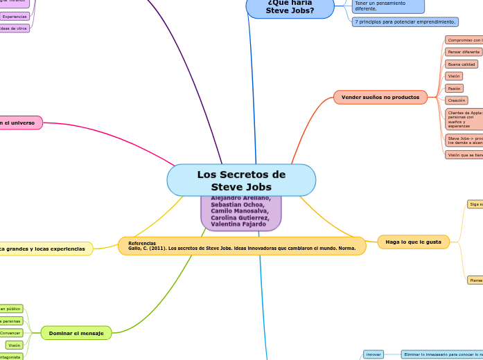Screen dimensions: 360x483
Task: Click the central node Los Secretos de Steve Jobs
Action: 241,180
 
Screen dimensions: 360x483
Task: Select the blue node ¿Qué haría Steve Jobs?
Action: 290,7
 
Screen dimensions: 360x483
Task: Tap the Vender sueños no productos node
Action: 380,98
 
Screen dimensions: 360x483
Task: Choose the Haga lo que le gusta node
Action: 413,242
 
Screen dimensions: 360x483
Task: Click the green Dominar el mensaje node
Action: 76,333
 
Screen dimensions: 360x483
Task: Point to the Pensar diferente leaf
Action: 463,52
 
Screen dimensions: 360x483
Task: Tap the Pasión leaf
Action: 454,89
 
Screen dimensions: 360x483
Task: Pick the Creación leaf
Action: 456,100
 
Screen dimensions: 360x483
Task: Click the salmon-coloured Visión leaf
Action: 454,76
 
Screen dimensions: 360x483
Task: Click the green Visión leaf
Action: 14,345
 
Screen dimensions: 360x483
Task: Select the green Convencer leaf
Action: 10,333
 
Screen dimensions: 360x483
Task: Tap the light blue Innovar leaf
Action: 373,354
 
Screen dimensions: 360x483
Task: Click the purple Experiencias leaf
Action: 14,16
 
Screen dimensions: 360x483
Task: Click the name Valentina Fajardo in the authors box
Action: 235,224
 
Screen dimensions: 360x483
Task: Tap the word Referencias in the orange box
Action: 142,243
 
